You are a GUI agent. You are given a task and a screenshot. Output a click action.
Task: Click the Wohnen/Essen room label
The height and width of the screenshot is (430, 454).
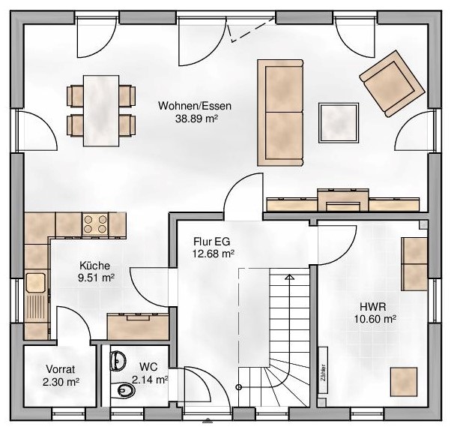point(195,106)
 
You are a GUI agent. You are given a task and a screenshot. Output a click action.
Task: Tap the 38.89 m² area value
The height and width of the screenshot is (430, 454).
point(196,119)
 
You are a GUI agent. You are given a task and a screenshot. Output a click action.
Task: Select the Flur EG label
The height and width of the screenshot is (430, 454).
point(212,241)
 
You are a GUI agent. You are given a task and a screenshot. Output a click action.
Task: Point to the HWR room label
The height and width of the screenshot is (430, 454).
point(373,306)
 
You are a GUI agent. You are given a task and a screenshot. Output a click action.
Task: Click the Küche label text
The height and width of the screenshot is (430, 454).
point(94,266)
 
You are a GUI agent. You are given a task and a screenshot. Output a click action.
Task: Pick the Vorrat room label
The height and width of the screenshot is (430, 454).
point(61,369)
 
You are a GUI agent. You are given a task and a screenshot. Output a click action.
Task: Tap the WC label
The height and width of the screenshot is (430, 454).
point(148,367)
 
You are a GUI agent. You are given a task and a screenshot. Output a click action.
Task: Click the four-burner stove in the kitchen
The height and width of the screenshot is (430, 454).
point(95,224)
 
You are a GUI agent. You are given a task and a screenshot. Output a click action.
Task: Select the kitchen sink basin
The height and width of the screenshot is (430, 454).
point(36,282)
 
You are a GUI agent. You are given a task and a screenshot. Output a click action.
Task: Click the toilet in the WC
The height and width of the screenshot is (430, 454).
point(122,391)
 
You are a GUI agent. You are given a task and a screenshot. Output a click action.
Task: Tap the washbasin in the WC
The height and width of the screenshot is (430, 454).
point(118,361)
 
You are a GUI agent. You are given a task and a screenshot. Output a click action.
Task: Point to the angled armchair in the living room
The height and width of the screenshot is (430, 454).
point(392,83)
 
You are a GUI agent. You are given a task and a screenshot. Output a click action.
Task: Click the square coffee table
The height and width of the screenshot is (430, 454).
point(339,122)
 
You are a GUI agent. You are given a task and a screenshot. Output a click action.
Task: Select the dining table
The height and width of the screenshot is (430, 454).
point(101,111)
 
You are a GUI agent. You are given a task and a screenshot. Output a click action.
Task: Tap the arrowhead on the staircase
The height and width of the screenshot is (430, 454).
point(289,276)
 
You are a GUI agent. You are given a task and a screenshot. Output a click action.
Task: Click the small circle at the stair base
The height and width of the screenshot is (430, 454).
point(239,386)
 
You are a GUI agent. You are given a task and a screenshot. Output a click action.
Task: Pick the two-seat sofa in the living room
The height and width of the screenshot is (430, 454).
point(280,113)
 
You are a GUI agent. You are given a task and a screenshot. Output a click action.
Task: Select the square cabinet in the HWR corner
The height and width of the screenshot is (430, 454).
point(404,381)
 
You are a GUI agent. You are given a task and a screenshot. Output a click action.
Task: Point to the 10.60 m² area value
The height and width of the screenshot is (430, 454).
point(375,319)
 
